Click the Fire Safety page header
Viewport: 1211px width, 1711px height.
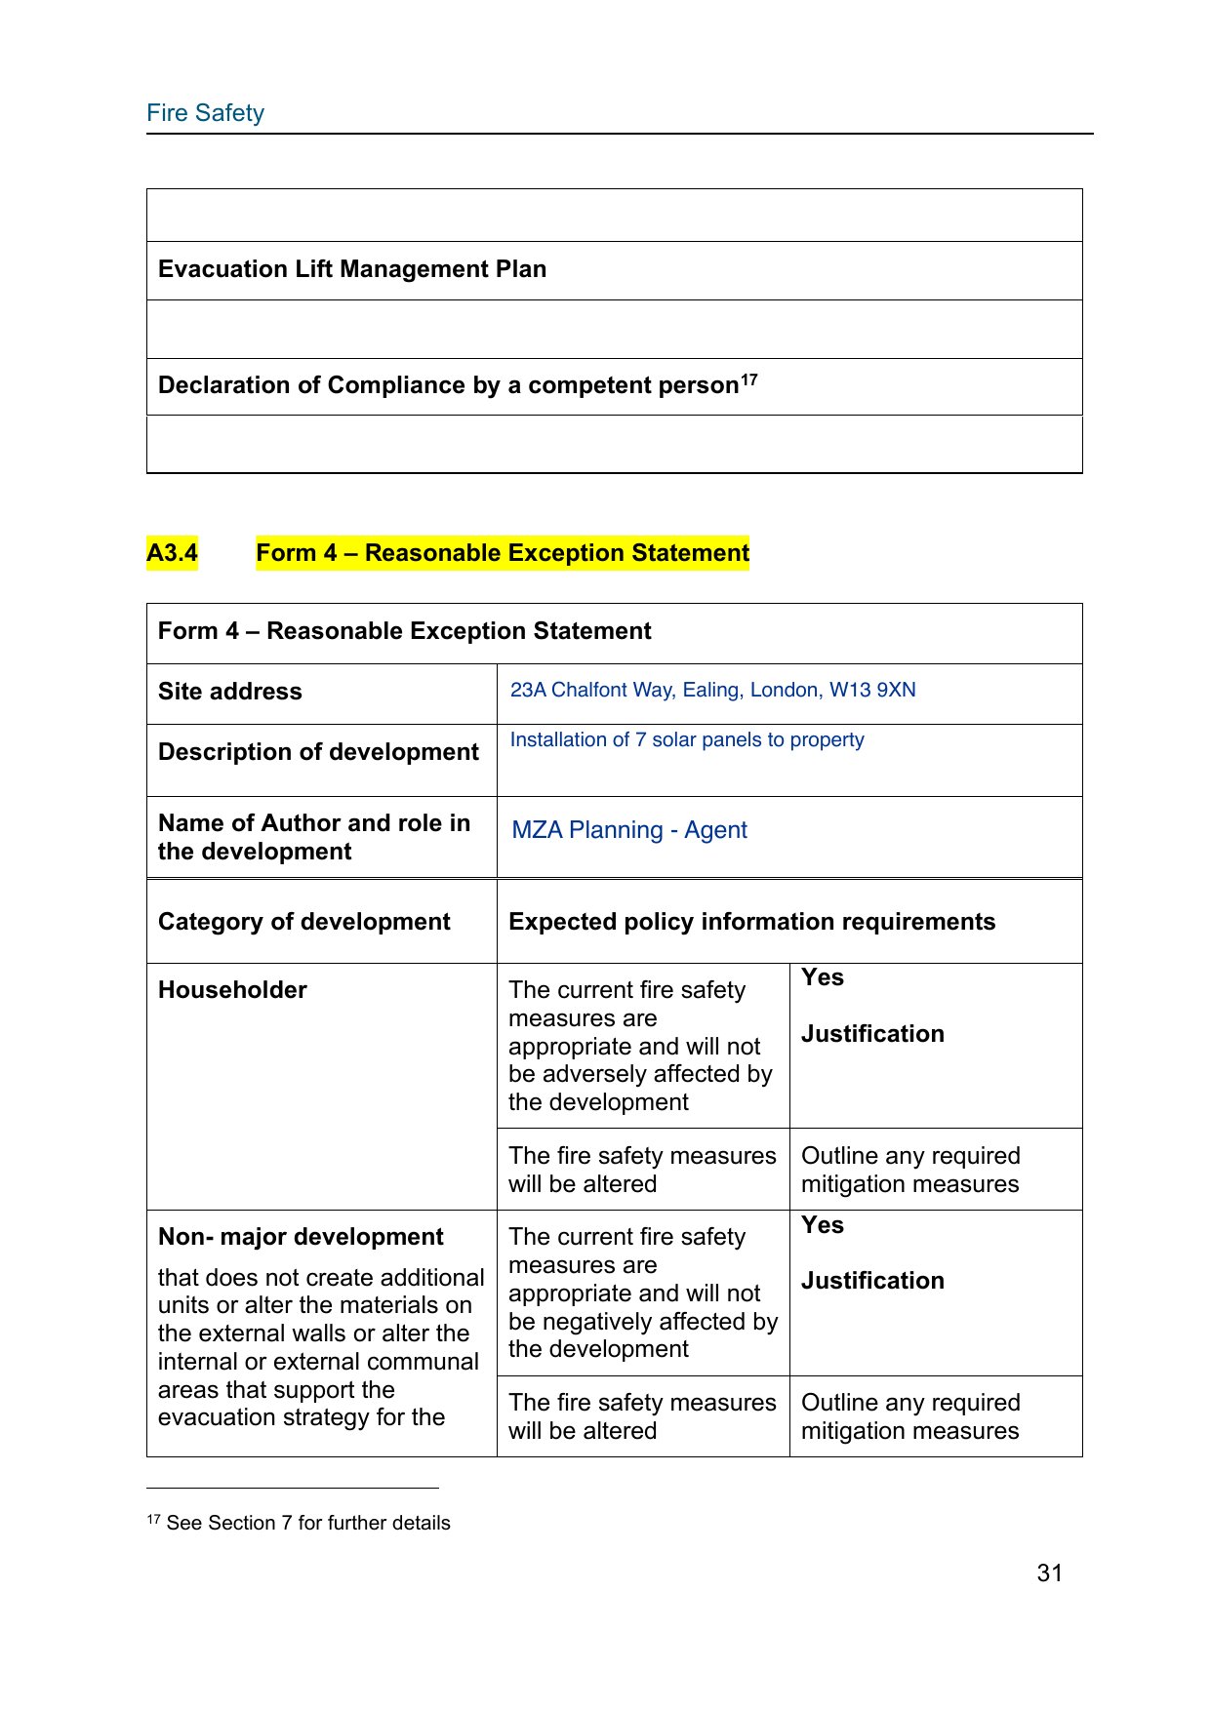[205, 113]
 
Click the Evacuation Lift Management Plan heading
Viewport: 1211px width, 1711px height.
[351, 269]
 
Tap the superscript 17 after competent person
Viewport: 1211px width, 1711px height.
[748, 380]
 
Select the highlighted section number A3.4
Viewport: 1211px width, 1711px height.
[172, 553]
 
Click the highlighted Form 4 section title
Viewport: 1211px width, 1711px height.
[502, 553]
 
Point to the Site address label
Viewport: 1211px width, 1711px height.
[229, 692]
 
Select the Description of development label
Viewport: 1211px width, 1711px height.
[318, 752]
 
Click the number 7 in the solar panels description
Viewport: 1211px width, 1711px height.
[640, 740]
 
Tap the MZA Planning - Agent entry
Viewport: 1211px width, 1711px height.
[629, 830]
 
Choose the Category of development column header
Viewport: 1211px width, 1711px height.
[303, 922]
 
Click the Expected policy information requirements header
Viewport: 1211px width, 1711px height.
[751, 922]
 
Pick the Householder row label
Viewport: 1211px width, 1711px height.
[232, 990]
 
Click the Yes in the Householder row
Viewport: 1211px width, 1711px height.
[823, 977]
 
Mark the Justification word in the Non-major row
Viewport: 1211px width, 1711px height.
[872, 1281]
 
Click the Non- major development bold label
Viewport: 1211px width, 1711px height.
[301, 1237]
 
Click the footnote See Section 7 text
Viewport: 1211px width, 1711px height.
[307, 1523]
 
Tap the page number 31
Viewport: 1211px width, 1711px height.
[1049, 1572]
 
